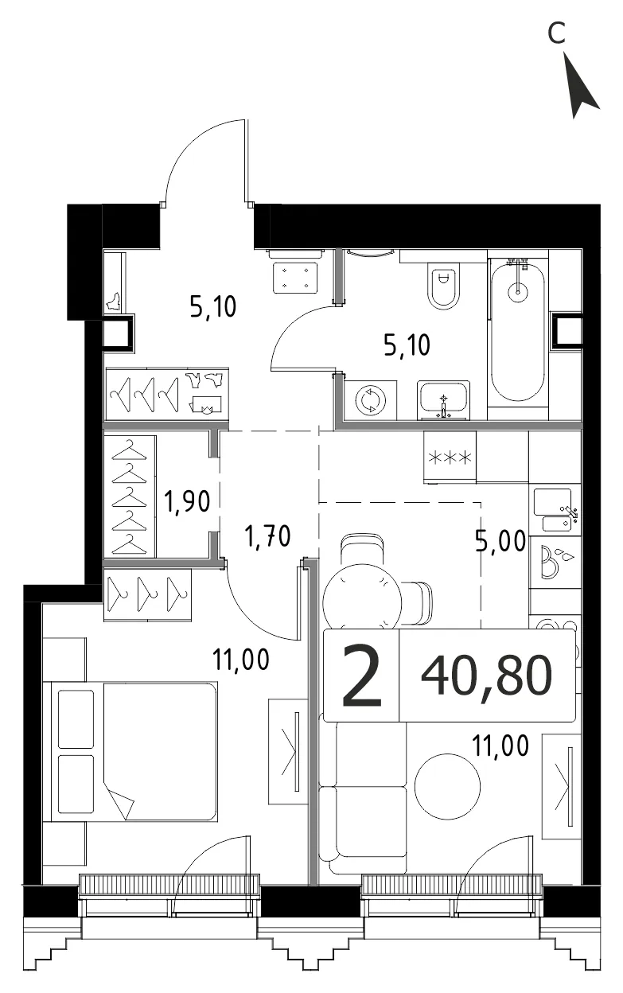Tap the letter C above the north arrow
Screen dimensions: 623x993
[556, 33]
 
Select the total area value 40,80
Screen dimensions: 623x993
[486, 676]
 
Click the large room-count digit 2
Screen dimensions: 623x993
[361, 676]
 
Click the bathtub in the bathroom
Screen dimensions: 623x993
[517, 330]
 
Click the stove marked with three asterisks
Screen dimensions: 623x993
[450, 457]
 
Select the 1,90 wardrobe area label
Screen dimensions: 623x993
[187, 501]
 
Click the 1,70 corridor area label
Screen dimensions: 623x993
[267, 535]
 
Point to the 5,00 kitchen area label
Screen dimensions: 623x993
[500, 541]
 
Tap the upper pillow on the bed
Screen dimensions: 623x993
[76, 718]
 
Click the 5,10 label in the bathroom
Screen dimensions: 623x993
[407, 345]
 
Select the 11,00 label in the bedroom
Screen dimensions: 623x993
[241, 659]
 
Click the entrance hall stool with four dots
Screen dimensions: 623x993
[295, 277]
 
